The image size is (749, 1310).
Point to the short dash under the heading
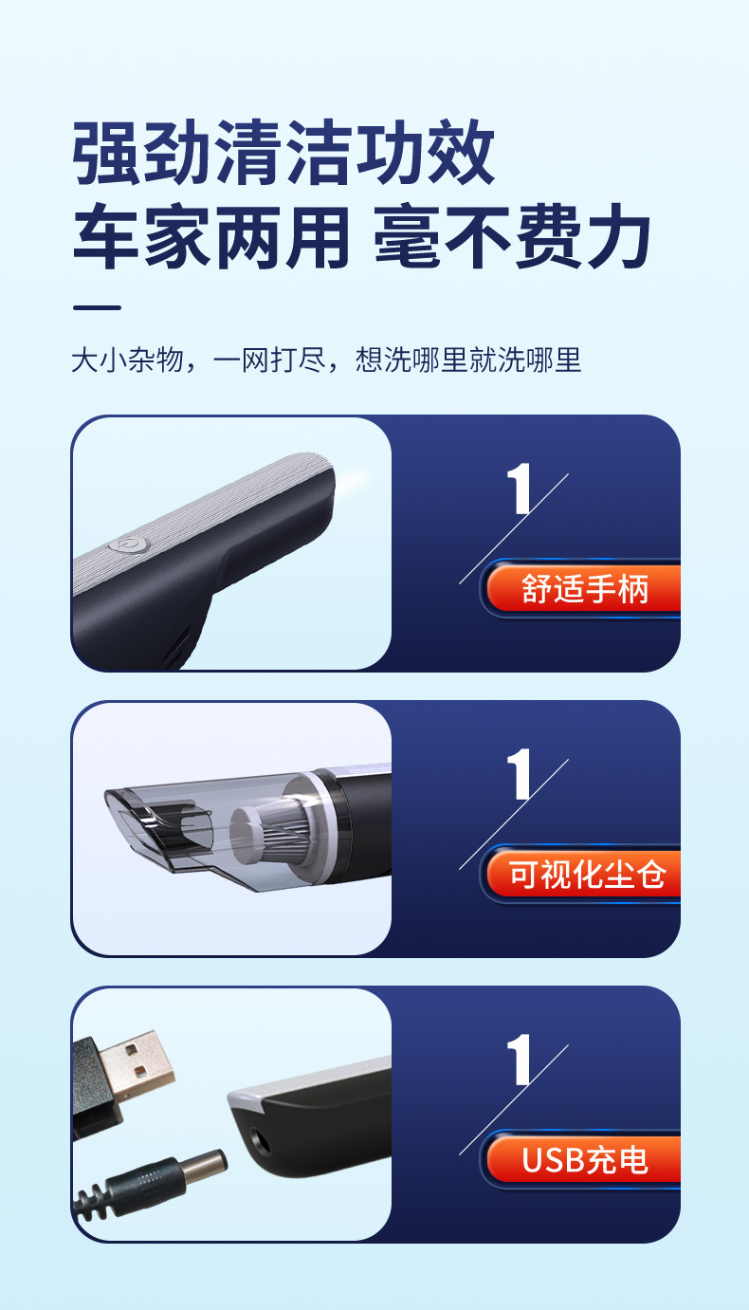(97, 307)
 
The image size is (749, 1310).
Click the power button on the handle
(125, 544)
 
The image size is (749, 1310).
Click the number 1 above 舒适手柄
(519, 489)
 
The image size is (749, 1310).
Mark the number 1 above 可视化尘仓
(519, 774)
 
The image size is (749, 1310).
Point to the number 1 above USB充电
(519, 1060)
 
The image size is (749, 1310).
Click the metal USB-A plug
(138, 1063)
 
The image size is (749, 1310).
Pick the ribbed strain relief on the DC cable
(95, 1201)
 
